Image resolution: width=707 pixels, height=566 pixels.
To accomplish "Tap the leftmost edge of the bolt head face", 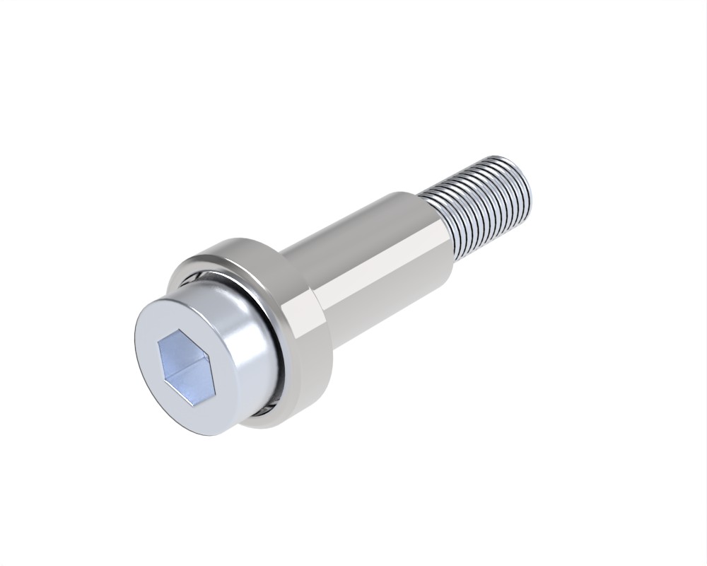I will [135, 347].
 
